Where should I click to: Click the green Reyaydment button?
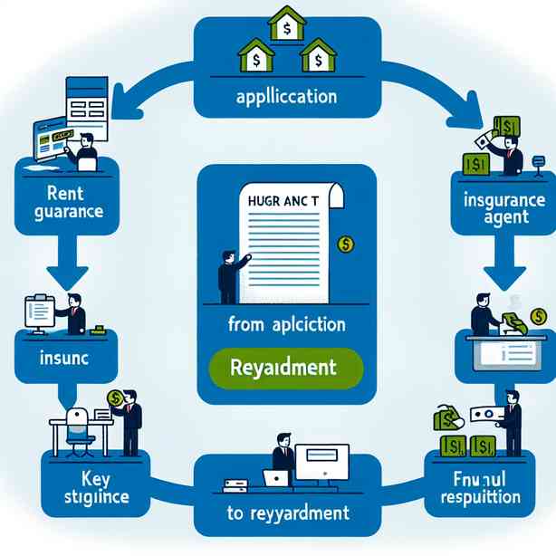tap(285, 369)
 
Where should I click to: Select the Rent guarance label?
tap(62, 205)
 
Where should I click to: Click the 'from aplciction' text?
tap(285, 324)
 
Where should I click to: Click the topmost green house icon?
tap(287, 25)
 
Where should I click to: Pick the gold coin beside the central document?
tap(343, 242)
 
